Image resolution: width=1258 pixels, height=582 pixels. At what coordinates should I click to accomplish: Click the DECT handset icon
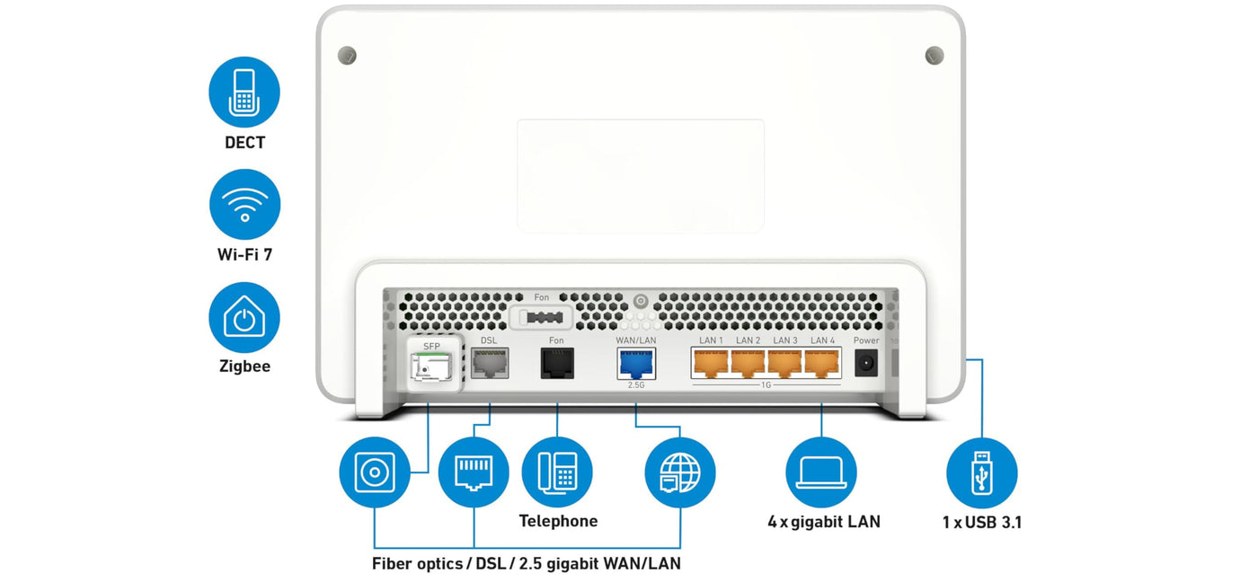click(x=244, y=92)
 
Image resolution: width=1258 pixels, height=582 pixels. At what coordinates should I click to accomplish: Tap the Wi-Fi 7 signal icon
click(x=244, y=204)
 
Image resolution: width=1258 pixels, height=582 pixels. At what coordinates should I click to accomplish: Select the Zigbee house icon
click(x=244, y=317)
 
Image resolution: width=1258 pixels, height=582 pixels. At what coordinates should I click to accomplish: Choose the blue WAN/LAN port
click(x=636, y=363)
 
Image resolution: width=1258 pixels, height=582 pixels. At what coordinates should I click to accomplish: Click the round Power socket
click(x=866, y=363)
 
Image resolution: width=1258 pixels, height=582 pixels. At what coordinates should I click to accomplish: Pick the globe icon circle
click(x=680, y=472)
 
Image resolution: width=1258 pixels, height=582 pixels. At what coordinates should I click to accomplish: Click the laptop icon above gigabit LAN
click(x=820, y=472)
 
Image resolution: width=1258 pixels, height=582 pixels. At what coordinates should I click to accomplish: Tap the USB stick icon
click(x=981, y=472)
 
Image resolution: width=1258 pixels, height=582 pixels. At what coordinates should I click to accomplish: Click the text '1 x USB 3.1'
click(x=981, y=522)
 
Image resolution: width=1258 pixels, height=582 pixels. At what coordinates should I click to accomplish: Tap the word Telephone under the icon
click(x=558, y=521)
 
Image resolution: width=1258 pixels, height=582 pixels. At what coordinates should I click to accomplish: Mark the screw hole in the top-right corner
click(x=935, y=56)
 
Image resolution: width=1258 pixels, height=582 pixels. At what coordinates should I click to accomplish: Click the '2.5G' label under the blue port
click(x=636, y=385)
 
